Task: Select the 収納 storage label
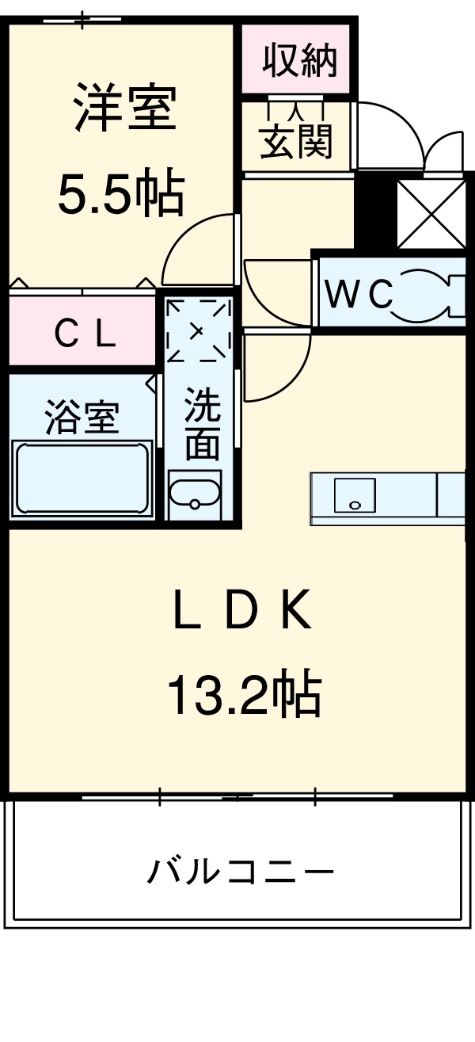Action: pyautogui.click(x=300, y=61)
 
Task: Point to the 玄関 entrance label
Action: pyautogui.click(x=297, y=142)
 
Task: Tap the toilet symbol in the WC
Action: pyautogui.click(x=428, y=294)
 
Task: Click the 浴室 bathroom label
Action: pyautogui.click(x=82, y=417)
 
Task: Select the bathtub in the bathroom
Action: pyautogui.click(x=81, y=479)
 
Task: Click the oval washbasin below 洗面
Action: pyautogui.click(x=194, y=492)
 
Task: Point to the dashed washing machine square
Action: pyautogui.click(x=199, y=330)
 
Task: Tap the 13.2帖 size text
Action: pyautogui.click(x=243, y=695)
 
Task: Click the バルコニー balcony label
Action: pyautogui.click(x=240, y=872)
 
